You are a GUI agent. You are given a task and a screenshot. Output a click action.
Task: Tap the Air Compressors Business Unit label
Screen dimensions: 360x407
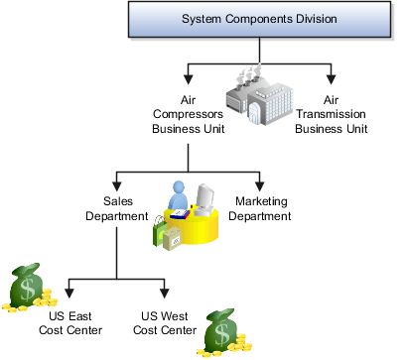[x=190, y=114]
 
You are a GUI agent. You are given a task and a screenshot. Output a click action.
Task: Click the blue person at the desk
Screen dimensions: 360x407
[x=179, y=195]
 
